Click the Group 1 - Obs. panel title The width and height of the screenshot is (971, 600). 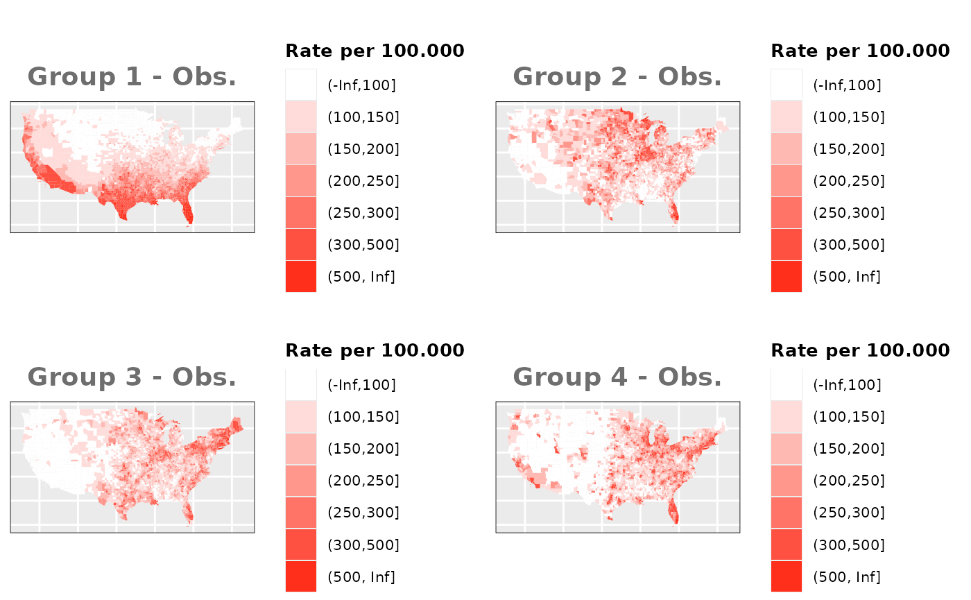tap(132, 76)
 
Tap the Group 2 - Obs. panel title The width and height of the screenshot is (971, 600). tap(617, 76)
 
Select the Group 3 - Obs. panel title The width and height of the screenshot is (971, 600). tap(132, 377)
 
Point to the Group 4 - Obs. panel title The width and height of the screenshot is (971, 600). tap(617, 377)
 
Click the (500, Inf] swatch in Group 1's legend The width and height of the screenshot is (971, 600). tap(301, 277)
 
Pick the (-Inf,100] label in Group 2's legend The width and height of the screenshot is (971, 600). tap(847, 85)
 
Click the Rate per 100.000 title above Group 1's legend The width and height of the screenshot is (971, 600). tap(375, 51)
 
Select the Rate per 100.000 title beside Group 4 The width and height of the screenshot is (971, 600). tap(860, 350)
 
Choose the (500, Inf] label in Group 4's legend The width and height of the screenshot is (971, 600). tap(847, 576)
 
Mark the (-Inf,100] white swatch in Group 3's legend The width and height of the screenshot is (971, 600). tap(301, 385)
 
